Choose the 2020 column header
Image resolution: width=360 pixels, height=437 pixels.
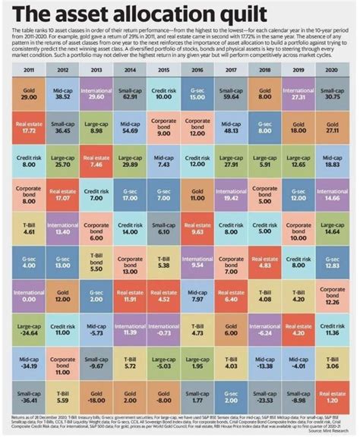pyautogui.click(x=332, y=69)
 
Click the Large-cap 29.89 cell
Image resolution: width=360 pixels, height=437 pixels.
pyautogui.click(x=130, y=160)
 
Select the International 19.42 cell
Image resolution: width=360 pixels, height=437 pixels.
pyautogui.click(x=231, y=195)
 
